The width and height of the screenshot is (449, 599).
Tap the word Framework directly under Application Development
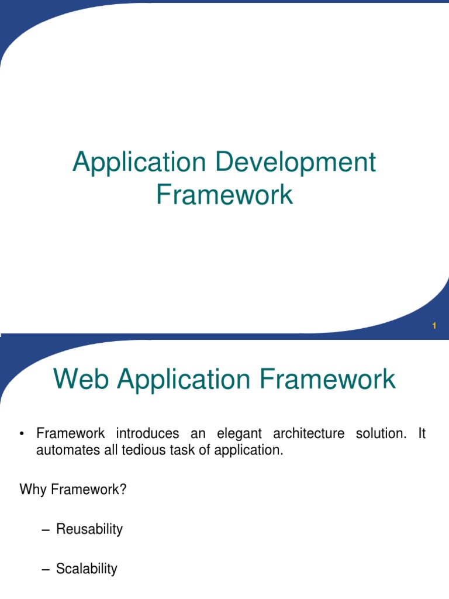coord(224,194)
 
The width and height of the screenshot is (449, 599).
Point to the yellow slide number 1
coord(434,326)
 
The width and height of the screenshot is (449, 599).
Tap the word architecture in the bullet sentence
coord(306,434)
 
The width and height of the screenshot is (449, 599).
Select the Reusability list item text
coord(89,530)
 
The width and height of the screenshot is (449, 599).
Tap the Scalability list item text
coord(87,569)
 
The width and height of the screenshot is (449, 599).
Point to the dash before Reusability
coord(47,531)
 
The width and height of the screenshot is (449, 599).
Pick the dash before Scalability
coord(47,569)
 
